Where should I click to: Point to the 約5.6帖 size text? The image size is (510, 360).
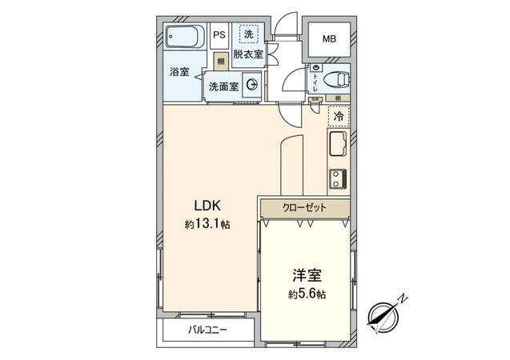pyautogui.click(x=307, y=294)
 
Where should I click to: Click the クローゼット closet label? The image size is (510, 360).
pyautogui.click(x=304, y=207)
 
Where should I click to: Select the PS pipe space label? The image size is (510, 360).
pyautogui.click(x=219, y=35)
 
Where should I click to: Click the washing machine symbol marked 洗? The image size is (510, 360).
pyautogui.click(x=248, y=34)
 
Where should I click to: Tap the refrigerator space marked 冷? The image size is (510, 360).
pyautogui.click(x=339, y=116)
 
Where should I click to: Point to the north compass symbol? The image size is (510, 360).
pyautogui.click(x=387, y=314)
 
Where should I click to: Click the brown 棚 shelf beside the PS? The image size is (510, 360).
pyautogui.click(x=219, y=62)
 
